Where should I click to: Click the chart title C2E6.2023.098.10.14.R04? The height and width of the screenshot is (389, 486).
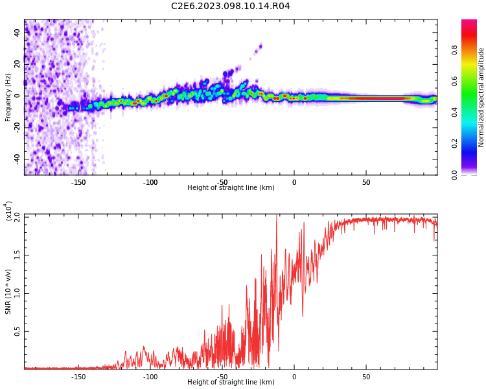point(231,6)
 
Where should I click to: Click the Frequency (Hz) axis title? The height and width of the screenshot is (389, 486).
point(8,97)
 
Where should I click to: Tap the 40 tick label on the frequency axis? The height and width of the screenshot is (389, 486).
point(17,33)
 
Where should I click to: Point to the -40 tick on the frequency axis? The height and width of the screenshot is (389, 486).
point(16,159)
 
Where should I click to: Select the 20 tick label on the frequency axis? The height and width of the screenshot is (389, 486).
point(17,65)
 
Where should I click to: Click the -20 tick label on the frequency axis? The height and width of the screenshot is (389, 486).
point(16,128)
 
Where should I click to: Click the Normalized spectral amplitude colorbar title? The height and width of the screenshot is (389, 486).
point(481,97)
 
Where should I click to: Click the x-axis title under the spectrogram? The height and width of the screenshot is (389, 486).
point(231,188)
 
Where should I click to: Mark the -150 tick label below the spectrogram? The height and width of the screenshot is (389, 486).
point(78,183)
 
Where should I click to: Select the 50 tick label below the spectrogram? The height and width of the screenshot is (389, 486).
point(366,183)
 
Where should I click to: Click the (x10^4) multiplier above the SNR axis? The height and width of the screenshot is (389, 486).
point(8,211)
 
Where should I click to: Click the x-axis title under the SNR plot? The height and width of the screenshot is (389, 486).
point(231,383)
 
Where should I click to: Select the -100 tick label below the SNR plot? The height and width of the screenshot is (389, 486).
point(150,377)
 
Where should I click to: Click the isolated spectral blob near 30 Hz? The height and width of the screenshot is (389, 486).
point(260,46)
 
